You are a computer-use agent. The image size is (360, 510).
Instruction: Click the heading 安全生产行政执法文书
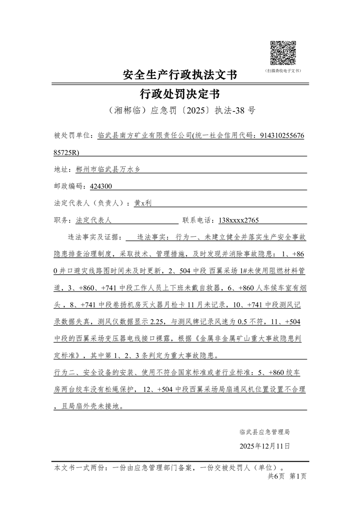(180, 75)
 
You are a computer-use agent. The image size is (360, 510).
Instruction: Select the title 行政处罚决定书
(180, 94)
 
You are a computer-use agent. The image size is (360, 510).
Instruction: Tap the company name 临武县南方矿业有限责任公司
(145, 136)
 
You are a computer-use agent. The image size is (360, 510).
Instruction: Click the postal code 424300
(101, 186)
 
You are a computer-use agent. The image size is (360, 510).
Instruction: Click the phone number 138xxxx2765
(239, 220)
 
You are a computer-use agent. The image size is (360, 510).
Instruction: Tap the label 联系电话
(197, 220)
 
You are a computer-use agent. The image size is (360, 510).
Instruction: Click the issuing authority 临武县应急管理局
(264, 432)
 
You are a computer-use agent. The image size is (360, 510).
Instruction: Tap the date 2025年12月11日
(264, 446)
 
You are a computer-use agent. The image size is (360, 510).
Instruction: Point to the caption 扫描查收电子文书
(283, 71)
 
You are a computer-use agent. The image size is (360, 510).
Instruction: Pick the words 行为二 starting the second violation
(63, 372)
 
